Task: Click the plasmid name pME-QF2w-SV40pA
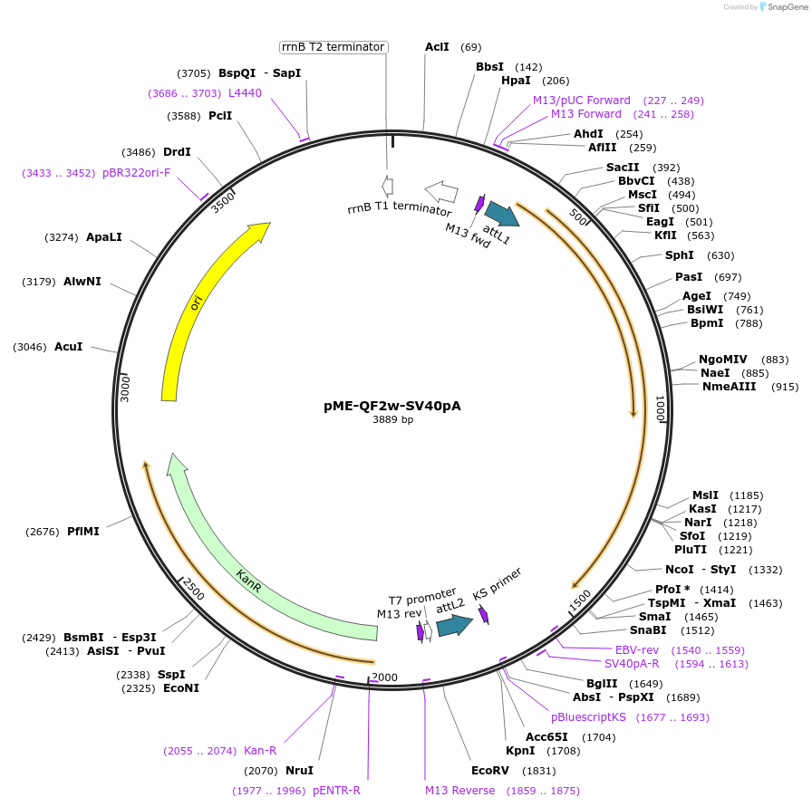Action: click(x=391, y=406)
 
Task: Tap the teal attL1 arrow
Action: click(x=501, y=214)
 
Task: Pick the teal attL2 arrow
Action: click(x=454, y=624)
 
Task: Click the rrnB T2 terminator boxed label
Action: click(x=333, y=47)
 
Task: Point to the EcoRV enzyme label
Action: click(x=489, y=771)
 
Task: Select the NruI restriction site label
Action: click(x=299, y=771)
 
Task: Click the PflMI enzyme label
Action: click(x=83, y=532)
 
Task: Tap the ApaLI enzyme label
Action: click(x=103, y=237)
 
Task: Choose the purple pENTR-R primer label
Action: click(x=336, y=791)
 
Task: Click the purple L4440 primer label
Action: click(x=245, y=92)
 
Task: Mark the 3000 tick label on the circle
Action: click(x=126, y=388)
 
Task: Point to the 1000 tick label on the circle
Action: click(x=661, y=408)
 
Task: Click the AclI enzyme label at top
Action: click(x=437, y=47)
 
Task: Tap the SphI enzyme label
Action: click(x=680, y=255)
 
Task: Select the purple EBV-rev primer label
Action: click(x=637, y=650)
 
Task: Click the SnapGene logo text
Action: click(x=784, y=6)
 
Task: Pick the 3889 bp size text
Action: click(x=392, y=420)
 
